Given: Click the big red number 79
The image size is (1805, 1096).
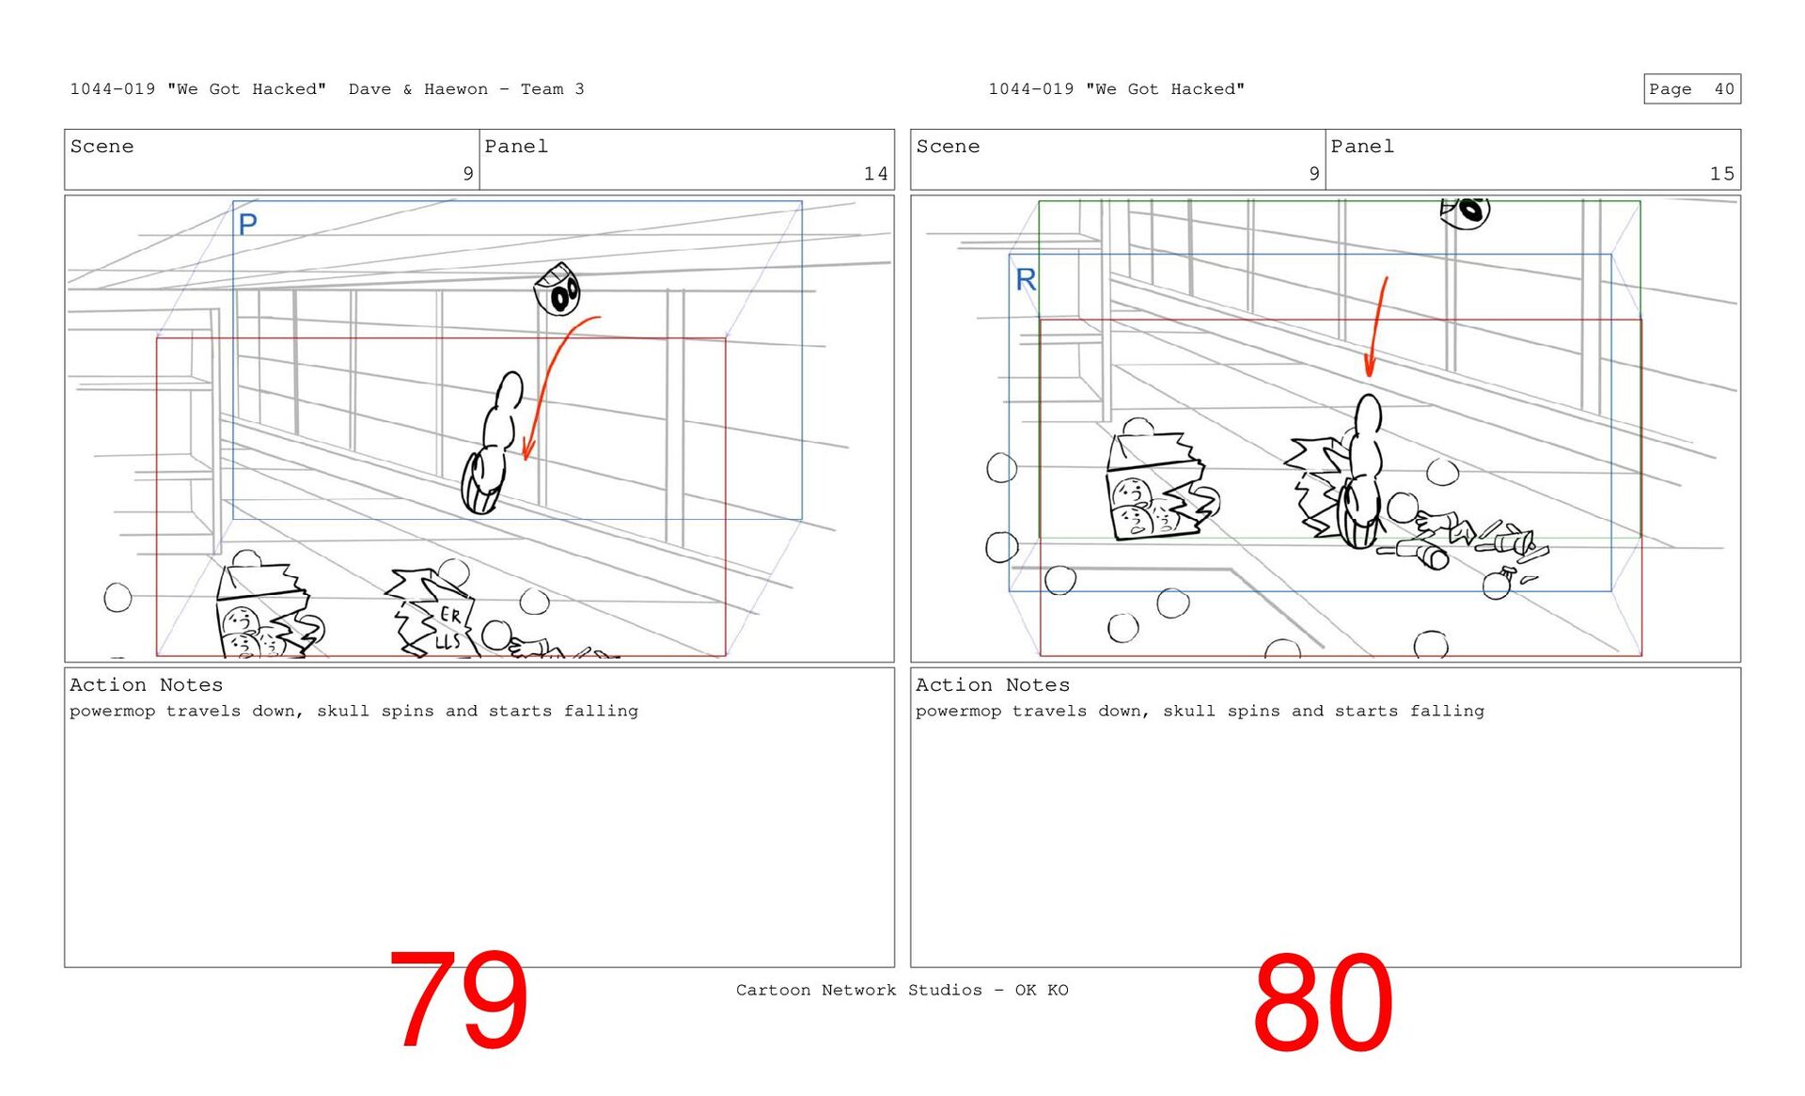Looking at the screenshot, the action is click(458, 1000).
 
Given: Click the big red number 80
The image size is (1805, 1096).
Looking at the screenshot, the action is click(1323, 1003).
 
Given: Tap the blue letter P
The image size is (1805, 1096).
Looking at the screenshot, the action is click(247, 225).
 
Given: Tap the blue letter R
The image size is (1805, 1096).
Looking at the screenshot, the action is click(1026, 279).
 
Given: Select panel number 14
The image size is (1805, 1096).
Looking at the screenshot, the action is click(875, 174).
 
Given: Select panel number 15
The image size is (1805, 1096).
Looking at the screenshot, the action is click(1721, 174).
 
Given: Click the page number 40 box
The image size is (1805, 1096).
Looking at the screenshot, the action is click(1692, 89).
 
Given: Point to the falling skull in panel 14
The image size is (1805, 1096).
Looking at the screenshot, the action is click(557, 290).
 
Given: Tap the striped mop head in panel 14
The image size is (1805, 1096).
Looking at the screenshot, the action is click(482, 482).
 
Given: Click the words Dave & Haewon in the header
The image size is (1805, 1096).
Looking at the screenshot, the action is click(418, 89).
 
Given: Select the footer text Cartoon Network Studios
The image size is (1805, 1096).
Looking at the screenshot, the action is click(858, 990).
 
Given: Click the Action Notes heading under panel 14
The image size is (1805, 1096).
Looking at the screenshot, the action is click(147, 685).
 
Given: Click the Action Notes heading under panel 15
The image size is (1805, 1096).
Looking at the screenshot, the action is click(993, 685).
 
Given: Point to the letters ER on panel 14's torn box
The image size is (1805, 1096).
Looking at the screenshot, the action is click(450, 616).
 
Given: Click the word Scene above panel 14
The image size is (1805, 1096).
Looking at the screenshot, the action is click(102, 147).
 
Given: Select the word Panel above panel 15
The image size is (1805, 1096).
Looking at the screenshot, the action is click(1362, 147).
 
